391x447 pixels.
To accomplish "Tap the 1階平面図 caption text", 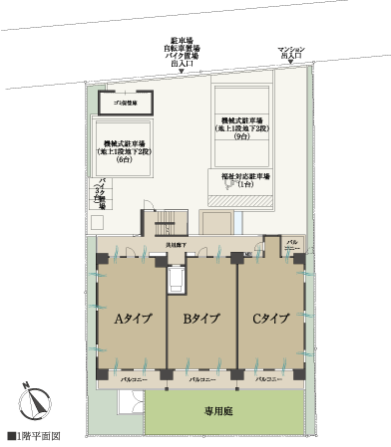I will (38, 436).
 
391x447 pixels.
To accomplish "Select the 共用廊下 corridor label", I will (178, 243).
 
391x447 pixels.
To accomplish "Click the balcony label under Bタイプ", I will (199, 380).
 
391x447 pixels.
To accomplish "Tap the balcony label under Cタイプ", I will (268, 380).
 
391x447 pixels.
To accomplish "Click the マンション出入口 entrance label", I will (295, 52).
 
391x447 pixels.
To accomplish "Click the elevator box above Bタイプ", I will (178, 280).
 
